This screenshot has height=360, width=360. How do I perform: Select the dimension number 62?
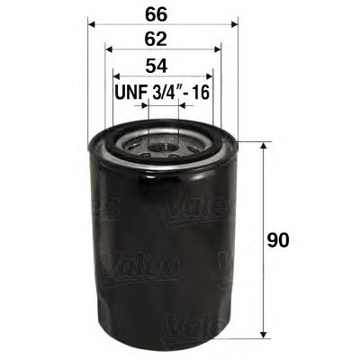(162, 40)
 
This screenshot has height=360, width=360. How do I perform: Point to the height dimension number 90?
(280, 241)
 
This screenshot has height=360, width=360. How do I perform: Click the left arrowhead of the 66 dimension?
(93, 24)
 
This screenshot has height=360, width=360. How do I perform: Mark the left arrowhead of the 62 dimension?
(109, 52)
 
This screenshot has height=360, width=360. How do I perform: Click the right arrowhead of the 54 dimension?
(210, 78)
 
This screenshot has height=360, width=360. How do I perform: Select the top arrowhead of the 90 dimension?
(262, 145)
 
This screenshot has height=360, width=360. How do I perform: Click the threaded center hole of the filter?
(163, 144)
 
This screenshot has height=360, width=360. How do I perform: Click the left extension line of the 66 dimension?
(88, 81)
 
